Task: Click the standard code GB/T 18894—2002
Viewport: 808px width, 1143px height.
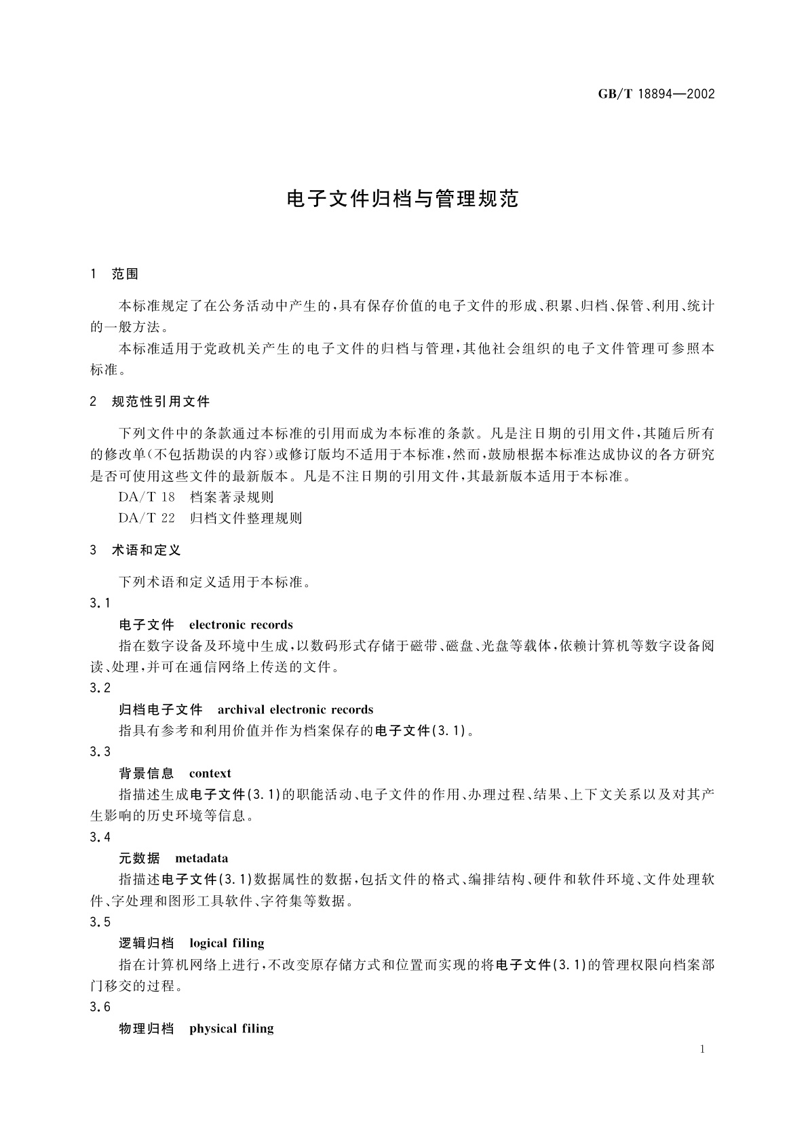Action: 656,94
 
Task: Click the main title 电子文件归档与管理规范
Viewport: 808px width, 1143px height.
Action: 403,199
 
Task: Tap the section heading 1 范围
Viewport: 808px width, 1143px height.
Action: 114,274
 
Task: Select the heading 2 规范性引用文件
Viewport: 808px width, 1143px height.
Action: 150,402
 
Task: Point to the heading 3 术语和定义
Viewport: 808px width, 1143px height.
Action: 136,550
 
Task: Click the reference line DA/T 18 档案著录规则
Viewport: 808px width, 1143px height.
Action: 196,498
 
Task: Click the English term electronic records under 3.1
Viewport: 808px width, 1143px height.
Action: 241,625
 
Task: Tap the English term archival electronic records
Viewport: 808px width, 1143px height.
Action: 295,710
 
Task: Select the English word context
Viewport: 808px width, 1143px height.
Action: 210,774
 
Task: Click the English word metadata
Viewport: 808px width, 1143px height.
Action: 201,859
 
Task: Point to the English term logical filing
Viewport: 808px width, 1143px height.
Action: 227,943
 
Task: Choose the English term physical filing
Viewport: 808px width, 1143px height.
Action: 231,1029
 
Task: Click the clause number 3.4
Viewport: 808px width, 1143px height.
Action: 100,838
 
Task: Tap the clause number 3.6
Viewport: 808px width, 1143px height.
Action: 100,1007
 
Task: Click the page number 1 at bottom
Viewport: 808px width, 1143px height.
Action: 702,1049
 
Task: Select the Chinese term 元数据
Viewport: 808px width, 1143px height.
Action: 139,859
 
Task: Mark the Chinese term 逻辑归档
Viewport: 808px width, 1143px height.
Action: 146,943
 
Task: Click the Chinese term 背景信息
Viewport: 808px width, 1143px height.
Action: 146,774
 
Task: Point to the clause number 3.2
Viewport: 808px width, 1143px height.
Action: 100,688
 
